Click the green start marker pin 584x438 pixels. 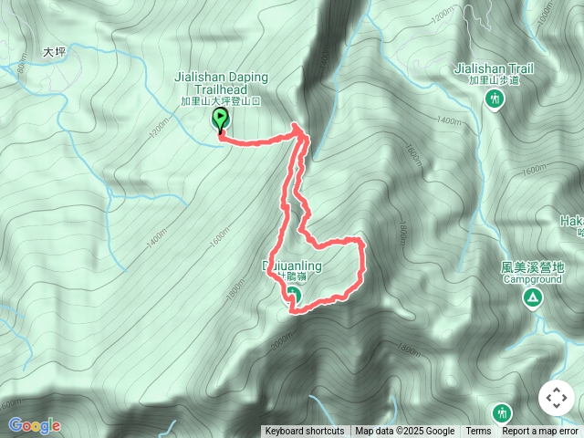point(220,119)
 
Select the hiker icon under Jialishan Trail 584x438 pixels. point(495,98)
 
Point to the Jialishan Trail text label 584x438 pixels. point(494,68)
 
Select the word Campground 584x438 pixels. point(533,279)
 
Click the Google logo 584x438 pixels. point(34,425)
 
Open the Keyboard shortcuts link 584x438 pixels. point(305,432)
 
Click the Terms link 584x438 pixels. point(478,432)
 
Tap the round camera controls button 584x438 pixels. point(557,398)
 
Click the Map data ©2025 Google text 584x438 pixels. point(405,432)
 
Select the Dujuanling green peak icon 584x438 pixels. point(294,294)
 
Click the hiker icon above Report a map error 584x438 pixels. point(501,412)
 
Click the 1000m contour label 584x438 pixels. point(546,13)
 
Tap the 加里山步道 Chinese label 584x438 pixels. point(494,80)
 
